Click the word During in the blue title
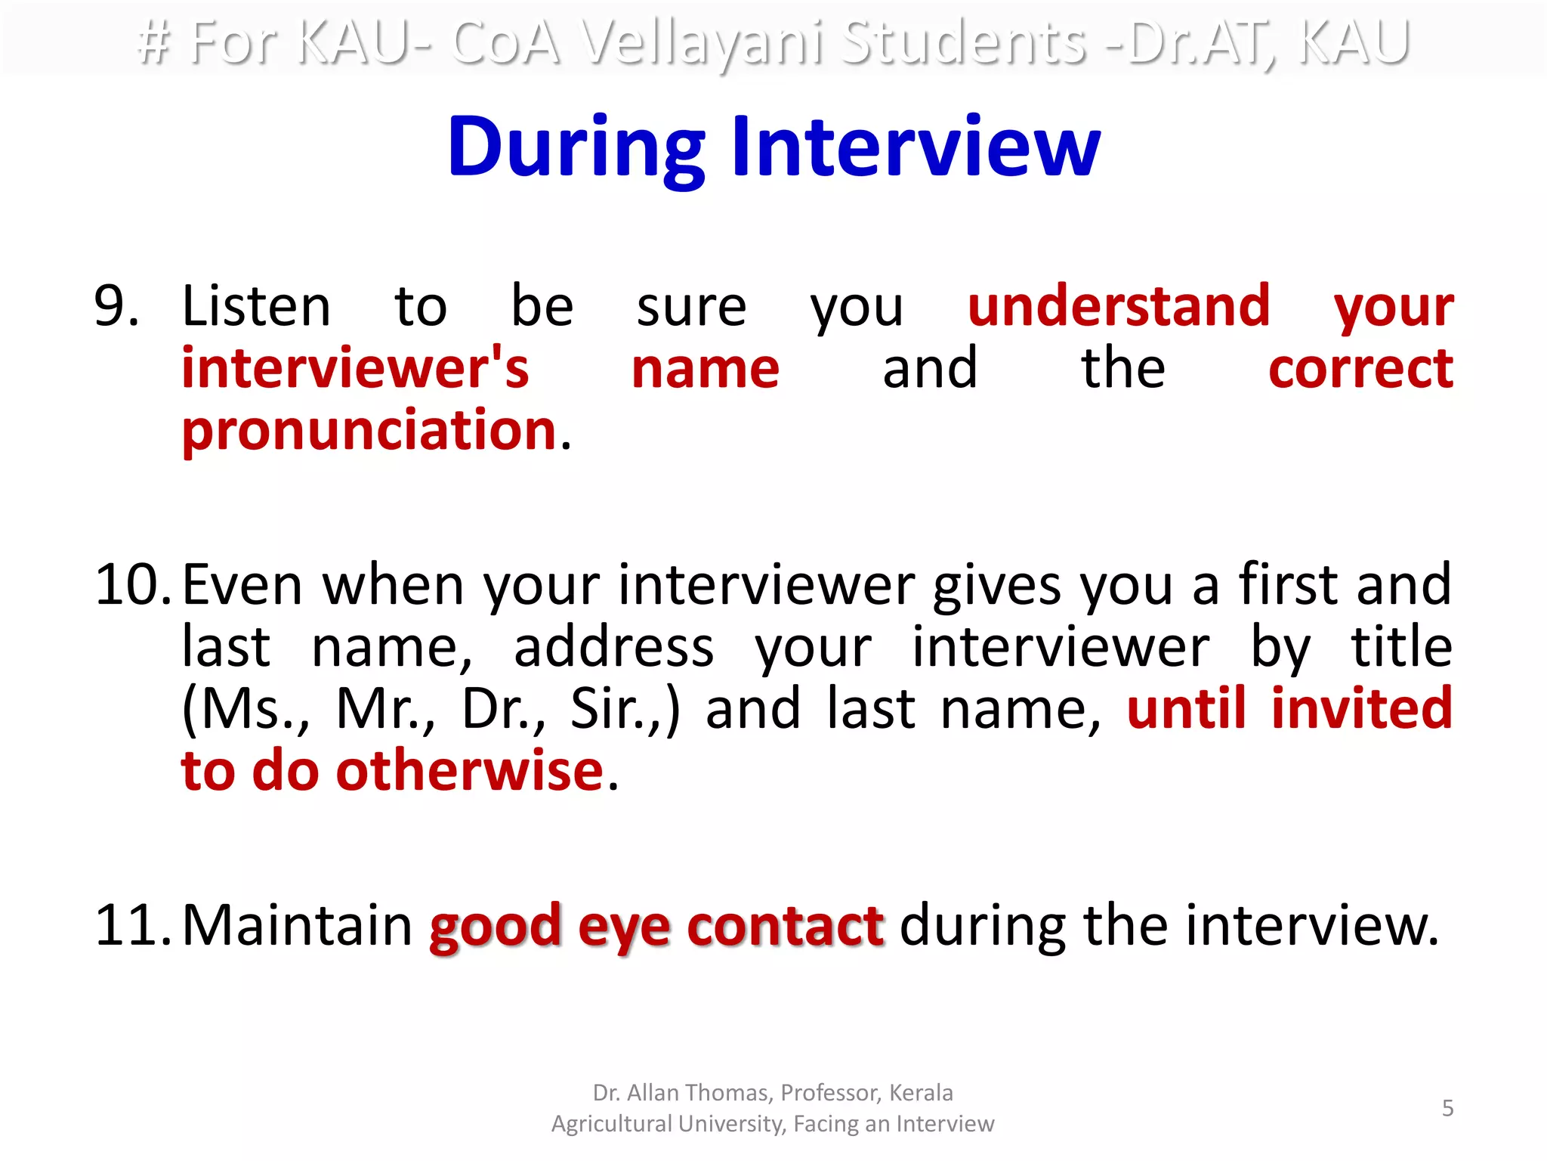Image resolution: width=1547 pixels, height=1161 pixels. pyautogui.click(x=576, y=148)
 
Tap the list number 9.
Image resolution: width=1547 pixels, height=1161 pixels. pyautogui.click(x=116, y=306)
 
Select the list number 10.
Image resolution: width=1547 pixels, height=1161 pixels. pyautogui.click(x=133, y=585)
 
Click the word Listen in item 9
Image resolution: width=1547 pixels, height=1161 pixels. pyautogui.click(x=256, y=306)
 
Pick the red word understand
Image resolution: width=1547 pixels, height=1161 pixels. pyautogui.click(x=1119, y=306)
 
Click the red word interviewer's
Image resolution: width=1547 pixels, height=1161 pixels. pyautogui.click(x=355, y=368)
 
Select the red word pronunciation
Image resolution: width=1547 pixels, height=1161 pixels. pyautogui.click(x=369, y=430)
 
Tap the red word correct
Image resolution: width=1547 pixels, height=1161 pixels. pyautogui.click(x=1360, y=368)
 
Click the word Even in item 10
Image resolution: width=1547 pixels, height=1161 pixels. pyautogui.click(x=242, y=585)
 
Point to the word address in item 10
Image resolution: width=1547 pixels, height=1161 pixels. pyautogui.click(x=613, y=647)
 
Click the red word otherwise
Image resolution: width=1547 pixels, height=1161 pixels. pyautogui.click(x=470, y=771)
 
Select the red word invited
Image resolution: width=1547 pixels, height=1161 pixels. pyautogui.click(x=1361, y=709)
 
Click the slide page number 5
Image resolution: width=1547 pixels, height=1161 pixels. pyautogui.click(x=1447, y=1108)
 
